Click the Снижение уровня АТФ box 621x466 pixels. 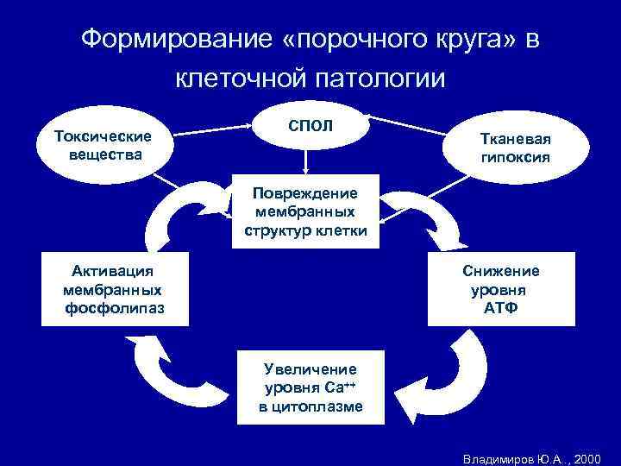(501, 289)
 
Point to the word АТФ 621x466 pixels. (501, 308)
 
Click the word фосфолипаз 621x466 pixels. (114, 308)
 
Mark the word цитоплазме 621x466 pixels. (310, 406)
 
